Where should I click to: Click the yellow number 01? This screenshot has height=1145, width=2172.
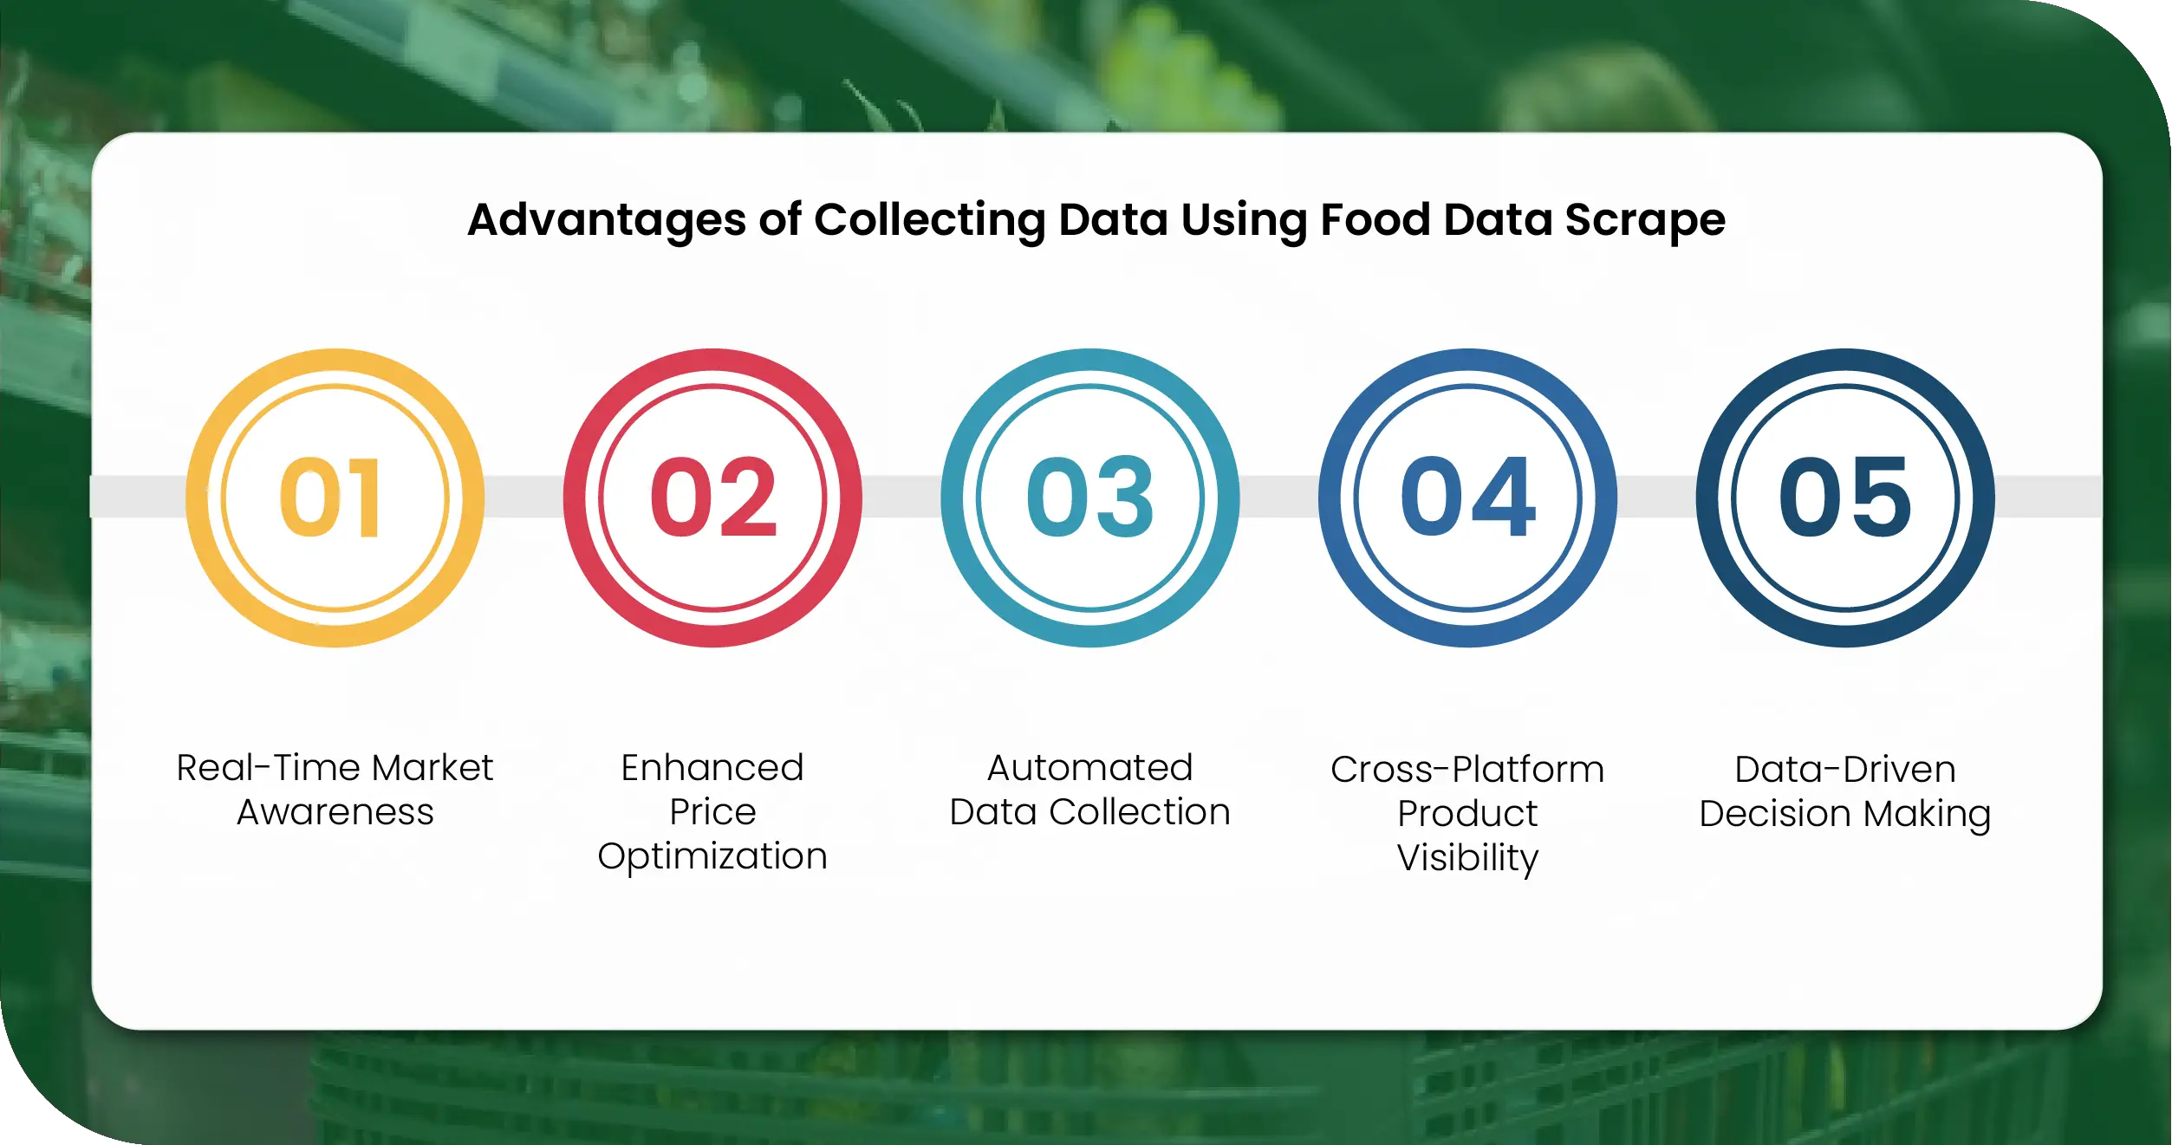(330, 498)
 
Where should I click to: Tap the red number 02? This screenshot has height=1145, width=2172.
(713, 498)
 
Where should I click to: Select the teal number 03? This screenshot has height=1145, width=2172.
(1090, 498)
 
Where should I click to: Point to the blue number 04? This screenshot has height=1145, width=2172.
(1467, 498)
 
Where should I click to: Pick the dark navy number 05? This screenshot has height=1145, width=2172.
(1845, 498)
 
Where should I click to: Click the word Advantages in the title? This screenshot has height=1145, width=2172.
(606, 220)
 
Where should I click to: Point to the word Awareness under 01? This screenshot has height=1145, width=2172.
(335, 812)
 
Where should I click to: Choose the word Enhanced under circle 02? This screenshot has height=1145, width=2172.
(712, 768)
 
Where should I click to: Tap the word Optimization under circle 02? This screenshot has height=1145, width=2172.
(712, 856)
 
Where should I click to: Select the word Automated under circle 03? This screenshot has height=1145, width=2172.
(1090, 768)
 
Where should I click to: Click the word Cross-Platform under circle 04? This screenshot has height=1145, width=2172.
(1467, 770)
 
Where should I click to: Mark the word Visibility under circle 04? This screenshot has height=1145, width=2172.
(1467, 858)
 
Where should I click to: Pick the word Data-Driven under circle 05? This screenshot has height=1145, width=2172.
(1845, 770)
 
